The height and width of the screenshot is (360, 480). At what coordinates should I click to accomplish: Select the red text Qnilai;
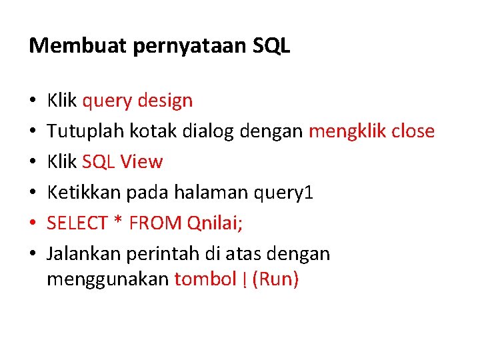click(x=215, y=223)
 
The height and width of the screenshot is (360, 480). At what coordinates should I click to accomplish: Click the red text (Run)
click(x=275, y=279)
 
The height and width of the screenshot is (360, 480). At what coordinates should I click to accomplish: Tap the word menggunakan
click(x=107, y=279)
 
